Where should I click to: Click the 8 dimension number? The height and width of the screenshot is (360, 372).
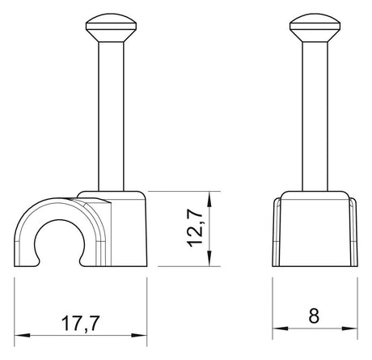(314, 316)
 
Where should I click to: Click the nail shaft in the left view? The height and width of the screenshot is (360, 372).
(111, 116)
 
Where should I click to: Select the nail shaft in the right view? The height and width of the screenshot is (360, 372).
(315, 116)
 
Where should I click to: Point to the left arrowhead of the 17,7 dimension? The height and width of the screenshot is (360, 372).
(22, 336)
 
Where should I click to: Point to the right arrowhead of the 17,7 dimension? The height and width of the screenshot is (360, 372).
(139, 336)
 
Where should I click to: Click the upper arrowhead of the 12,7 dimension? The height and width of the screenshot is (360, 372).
(209, 199)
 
